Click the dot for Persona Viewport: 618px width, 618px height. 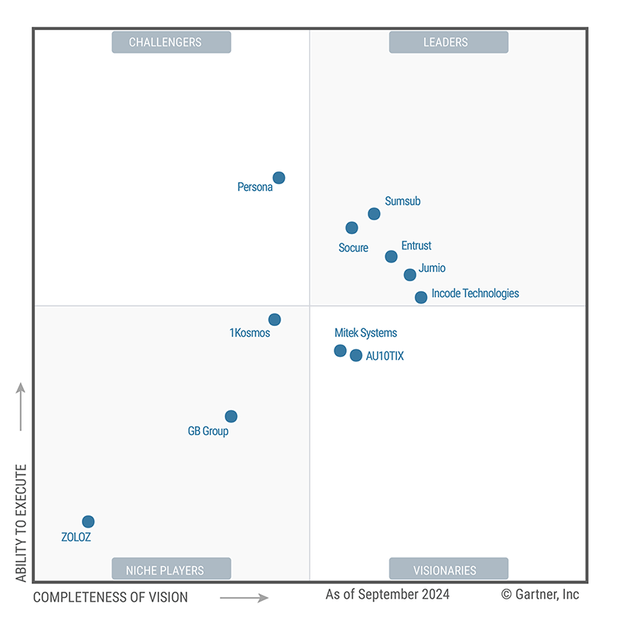[279, 178]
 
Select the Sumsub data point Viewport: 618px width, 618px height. [374, 214]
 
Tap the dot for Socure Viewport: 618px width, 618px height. [351, 228]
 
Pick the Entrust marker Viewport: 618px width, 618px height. [391, 256]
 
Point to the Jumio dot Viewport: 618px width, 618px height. [410, 275]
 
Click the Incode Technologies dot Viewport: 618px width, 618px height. [421, 297]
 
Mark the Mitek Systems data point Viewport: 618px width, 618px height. [340, 351]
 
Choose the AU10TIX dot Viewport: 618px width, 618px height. [356, 355]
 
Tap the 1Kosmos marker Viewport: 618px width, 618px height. [274, 320]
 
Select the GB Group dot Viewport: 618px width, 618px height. [231, 416]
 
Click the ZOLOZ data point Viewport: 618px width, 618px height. [88, 521]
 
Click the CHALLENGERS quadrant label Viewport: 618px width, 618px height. [171, 42]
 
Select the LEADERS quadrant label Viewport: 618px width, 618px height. [448, 42]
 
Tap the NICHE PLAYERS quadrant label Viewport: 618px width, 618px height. [171, 570]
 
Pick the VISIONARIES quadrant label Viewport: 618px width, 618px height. [448, 570]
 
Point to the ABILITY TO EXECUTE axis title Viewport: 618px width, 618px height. [21, 523]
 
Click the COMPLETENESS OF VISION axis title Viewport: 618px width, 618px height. [110, 597]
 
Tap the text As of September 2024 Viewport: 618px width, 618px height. [387, 595]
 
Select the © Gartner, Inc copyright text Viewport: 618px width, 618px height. [540, 595]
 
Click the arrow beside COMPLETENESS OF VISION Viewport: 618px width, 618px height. [243, 597]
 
